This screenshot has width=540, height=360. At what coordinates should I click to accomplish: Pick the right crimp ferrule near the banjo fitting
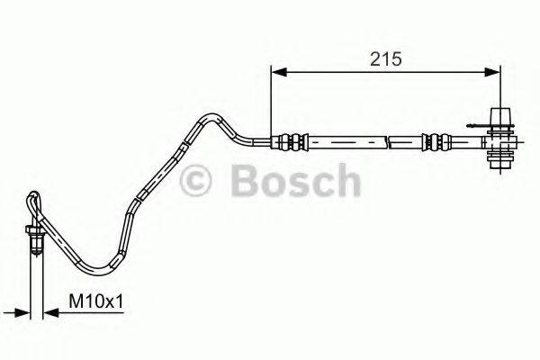(x=436, y=141)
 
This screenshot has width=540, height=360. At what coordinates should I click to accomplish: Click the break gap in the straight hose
(x=389, y=141)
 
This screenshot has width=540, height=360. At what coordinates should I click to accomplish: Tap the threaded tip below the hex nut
(x=35, y=249)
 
